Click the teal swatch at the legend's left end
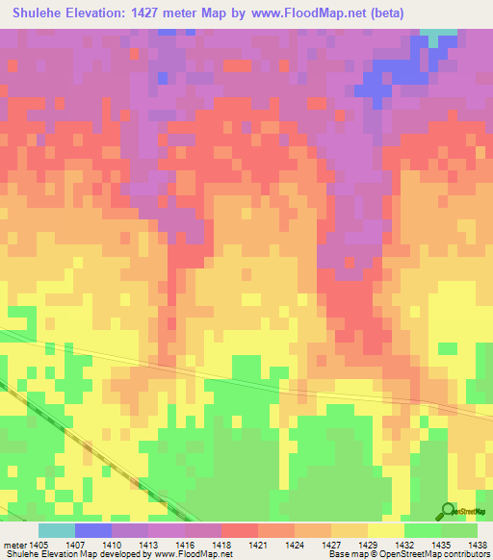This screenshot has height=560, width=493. click(56, 530)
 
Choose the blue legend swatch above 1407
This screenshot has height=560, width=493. click(92, 530)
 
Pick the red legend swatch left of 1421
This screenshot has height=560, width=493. click(239, 530)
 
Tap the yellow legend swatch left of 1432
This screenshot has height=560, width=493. click(385, 530)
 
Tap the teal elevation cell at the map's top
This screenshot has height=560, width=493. click(440, 35)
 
